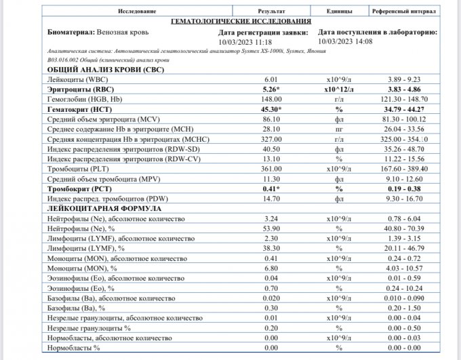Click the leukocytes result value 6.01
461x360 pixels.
pyautogui.click(x=271, y=79)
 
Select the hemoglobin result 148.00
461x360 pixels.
pyautogui.click(x=271, y=99)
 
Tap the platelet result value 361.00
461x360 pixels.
pyautogui.click(x=271, y=168)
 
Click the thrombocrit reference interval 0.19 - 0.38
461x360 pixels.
pyautogui.click(x=405, y=188)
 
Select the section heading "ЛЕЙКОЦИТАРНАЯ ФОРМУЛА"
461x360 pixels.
pyautogui.click(x=98, y=209)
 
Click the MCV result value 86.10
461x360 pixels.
pyautogui.click(x=271, y=119)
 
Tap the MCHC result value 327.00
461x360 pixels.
pyautogui.click(x=271, y=138)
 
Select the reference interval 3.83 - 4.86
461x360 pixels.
pyautogui.click(x=405, y=89)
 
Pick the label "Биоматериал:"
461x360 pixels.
pyautogui.click(x=69, y=32)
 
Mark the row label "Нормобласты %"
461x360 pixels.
pyautogui.click(x=73, y=348)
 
